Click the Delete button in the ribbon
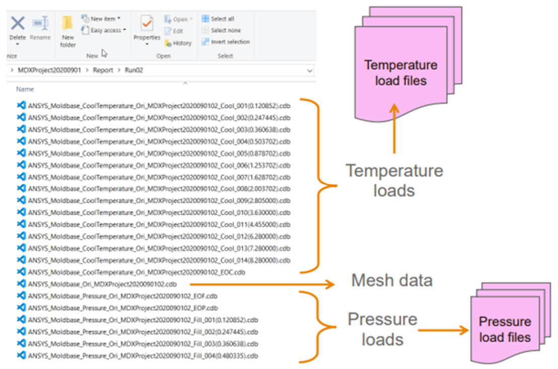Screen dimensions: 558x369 click(x=18, y=30)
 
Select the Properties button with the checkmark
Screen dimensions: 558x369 click(x=147, y=30)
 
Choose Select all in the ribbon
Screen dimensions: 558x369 click(x=218, y=19)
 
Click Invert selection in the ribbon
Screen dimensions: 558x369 click(x=226, y=42)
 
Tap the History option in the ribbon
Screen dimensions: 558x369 click(x=178, y=43)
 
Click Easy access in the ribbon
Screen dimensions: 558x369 click(x=104, y=30)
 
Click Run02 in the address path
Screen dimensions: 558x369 click(x=134, y=70)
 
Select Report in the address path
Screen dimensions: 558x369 click(x=103, y=70)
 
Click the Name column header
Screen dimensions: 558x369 click(x=25, y=89)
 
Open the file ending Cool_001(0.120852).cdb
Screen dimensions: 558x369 click(x=154, y=106)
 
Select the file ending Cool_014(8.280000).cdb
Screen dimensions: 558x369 click(x=154, y=260)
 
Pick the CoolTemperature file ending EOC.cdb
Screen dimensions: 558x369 click(x=131, y=272)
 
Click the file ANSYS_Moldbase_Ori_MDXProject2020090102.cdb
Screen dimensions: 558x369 click(x=97, y=284)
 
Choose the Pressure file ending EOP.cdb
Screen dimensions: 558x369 click(x=117, y=308)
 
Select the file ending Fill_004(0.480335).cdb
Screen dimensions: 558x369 click(x=137, y=355)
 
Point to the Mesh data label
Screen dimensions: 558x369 click(x=392, y=280)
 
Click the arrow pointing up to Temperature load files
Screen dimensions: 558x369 click(x=394, y=128)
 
